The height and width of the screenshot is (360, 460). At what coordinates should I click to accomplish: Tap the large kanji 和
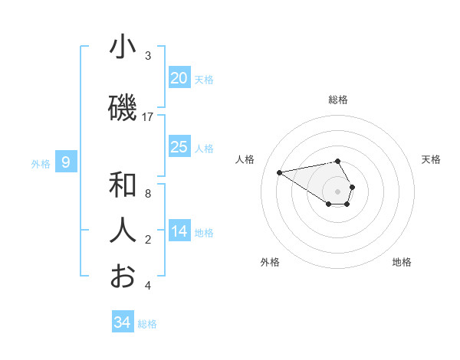(x=123, y=185)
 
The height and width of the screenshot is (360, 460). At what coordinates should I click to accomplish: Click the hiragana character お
(x=123, y=277)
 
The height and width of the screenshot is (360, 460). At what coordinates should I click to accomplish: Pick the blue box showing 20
(x=179, y=78)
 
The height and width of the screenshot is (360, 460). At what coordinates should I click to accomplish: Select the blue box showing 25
(x=179, y=147)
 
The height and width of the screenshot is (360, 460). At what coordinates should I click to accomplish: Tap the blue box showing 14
(x=179, y=231)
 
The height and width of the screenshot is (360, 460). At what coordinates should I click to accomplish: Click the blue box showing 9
(x=67, y=162)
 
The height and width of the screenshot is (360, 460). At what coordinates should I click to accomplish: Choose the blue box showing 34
(x=123, y=322)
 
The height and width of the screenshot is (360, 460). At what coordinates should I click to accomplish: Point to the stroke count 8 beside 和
(x=148, y=194)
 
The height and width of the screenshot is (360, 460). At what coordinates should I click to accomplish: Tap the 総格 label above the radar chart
(x=338, y=100)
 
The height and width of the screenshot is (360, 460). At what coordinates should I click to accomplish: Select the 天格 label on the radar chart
(x=431, y=159)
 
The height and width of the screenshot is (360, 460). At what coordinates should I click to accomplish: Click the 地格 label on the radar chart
(x=402, y=262)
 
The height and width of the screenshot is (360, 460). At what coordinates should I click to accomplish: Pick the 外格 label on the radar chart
(x=270, y=262)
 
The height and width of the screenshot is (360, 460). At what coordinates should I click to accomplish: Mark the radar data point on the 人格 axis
(x=280, y=172)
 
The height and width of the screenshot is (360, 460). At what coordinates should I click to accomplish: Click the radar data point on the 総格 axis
(x=338, y=161)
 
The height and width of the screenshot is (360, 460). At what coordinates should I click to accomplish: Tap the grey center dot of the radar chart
(x=338, y=191)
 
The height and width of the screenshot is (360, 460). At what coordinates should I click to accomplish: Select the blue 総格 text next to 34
(x=147, y=324)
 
